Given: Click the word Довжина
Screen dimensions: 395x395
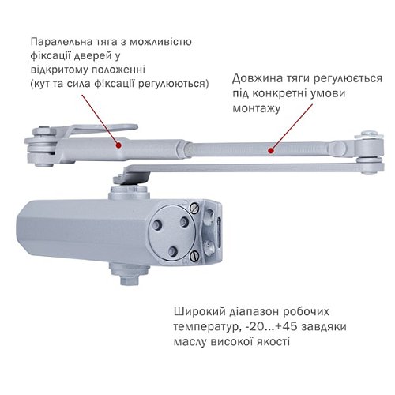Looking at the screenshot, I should coord(258,79).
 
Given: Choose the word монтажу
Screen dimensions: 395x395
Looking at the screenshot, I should coord(258,107).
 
